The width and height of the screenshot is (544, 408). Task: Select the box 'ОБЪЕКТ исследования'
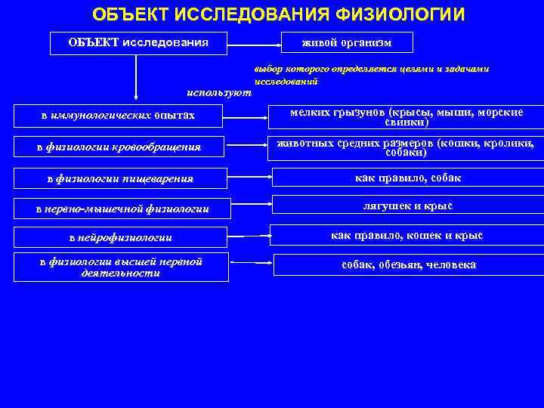[138, 42]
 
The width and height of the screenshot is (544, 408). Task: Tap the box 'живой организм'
[347, 43]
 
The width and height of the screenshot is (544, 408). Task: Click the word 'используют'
[219, 92]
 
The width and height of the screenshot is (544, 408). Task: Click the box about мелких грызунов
[406, 116]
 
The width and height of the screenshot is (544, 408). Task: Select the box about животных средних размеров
[406, 147]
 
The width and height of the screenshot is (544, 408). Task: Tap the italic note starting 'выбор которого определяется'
[371, 74]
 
